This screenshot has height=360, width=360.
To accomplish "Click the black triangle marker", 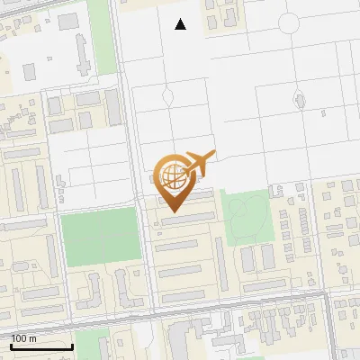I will [181, 24].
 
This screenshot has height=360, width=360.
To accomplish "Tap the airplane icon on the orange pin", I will [200, 162].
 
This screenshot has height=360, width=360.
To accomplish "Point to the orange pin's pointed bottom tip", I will [175, 212].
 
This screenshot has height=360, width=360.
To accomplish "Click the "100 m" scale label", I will [24, 338].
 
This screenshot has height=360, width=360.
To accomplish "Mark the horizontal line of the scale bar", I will [41, 346].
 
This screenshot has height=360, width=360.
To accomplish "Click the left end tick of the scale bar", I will [11, 345].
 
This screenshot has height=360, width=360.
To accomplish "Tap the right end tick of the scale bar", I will [72, 345].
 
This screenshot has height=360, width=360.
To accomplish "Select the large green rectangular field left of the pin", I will [102, 238].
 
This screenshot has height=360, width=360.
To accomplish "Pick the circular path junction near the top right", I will [290, 22].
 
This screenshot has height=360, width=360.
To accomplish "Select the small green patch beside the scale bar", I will [86, 343].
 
